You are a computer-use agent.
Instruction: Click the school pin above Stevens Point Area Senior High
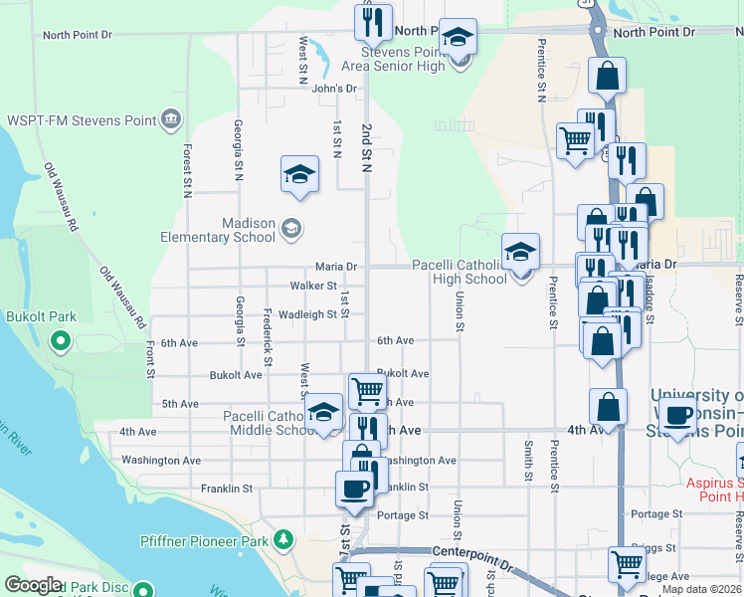pyautogui.click(x=458, y=38)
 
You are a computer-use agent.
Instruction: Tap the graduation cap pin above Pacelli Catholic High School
pyautogui.click(x=520, y=252)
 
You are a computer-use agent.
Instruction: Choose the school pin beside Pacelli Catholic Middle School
pyautogui.click(x=323, y=413)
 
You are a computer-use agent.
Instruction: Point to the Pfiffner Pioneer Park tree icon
pyautogui.click(x=285, y=540)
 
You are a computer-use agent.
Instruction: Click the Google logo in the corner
pyautogui.click(x=33, y=585)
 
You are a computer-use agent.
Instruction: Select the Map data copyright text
pyautogui.click(x=701, y=589)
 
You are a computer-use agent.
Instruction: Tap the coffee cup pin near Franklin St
pyautogui.click(x=354, y=489)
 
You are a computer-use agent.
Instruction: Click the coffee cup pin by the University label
pyautogui.click(x=678, y=415)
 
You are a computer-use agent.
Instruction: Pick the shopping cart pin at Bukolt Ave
pyautogui.click(x=367, y=391)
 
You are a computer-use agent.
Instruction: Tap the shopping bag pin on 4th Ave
pyautogui.click(x=608, y=406)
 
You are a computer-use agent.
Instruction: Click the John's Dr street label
pyautogui.click(x=333, y=89)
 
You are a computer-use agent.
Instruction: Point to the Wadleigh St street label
pyautogui.click(x=306, y=314)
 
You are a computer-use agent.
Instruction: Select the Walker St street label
pyautogui.click(x=312, y=286)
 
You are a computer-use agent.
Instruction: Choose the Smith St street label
pyautogui.click(x=528, y=457)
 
